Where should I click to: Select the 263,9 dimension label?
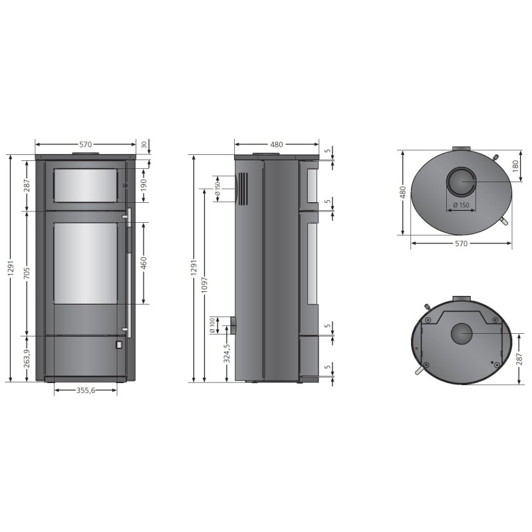pyautogui.click(x=27, y=359)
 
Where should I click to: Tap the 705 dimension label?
pyautogui.click(x=27, y=273)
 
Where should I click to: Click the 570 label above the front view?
pyautogui.click(x=85, y=144)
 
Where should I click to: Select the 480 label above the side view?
pyautogui.click(x=276, y=144)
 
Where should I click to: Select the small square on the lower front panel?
pyautogui.click(x=118, y=345)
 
